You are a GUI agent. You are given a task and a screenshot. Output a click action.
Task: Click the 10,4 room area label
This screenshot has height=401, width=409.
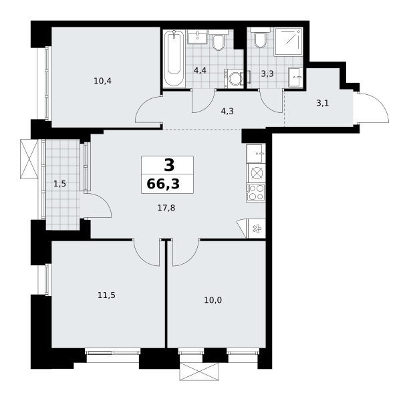tap(102, 81)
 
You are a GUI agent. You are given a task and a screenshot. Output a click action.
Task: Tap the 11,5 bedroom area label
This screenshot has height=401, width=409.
tap(106, 295)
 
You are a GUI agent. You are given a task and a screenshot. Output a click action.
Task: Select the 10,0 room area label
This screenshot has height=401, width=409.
tap(213, 300)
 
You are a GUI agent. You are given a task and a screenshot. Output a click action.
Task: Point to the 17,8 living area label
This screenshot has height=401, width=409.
tap(166, 208)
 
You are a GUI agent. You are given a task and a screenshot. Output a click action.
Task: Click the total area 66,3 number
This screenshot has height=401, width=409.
tap(163, 184)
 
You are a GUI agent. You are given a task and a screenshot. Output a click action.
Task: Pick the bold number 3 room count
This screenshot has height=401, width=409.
tap(169, 165)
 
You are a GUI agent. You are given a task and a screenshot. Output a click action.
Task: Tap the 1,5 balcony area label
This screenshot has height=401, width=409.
tap(59, 184)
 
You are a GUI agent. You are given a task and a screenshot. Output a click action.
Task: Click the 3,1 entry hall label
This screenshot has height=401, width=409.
tap(322, 103)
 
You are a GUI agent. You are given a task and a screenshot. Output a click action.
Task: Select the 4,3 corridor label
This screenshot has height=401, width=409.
tap(227, 112)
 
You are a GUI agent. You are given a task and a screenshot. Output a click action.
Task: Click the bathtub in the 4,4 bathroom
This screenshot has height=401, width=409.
tap(174, 58)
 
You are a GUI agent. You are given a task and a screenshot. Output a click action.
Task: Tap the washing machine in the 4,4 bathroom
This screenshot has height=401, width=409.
tap(234, 79)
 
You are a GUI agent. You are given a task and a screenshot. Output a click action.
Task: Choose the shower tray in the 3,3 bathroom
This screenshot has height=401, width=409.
tap(288, 41)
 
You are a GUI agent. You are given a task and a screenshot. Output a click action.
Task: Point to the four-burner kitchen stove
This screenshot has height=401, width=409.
tap(256, 192)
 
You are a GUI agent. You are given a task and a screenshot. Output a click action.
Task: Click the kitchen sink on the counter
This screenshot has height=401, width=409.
tap(256, 154)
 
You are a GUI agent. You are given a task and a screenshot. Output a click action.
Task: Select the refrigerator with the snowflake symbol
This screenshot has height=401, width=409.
tap(256, 229)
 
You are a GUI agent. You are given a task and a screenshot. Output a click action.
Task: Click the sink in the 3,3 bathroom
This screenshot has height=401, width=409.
tap(295, 77)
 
